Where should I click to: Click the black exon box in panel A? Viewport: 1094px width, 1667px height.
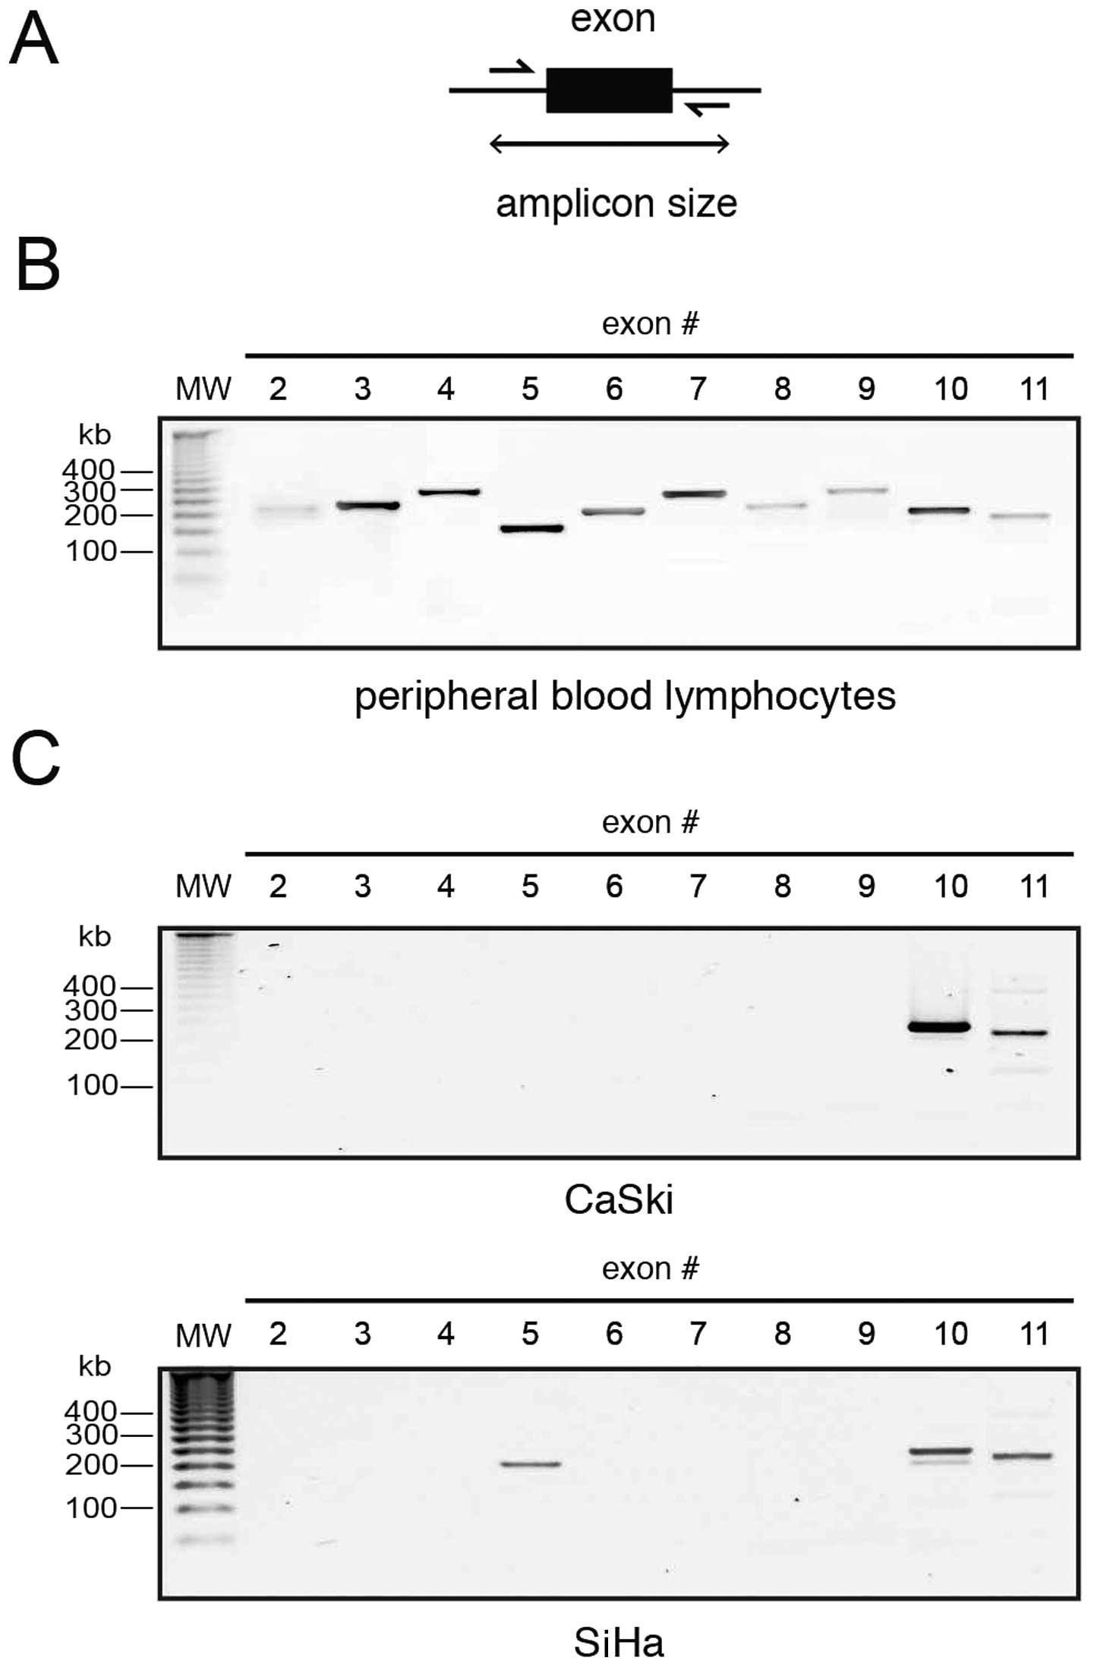click(x=609, y=90)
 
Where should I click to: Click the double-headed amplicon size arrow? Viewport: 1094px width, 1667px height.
click(x=609, y=143)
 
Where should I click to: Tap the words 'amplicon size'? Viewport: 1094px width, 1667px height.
click(x=616, y=203)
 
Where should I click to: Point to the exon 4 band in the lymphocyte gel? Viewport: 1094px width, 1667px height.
click(x=449, y=492)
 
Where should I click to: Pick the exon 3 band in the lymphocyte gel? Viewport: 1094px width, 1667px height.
click(x=368, y=505)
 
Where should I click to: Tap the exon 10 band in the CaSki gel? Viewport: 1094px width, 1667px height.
click(x=940, y=1027)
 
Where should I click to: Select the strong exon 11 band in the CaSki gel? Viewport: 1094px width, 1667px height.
click(x=1021, y=1032)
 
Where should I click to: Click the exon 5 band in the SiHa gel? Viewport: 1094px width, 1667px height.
click(x=531, y=1464)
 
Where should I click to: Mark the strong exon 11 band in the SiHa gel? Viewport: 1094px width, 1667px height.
click(x=1023, y=1456)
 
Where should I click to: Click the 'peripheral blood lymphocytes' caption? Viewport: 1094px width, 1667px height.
click(x=625, y=696)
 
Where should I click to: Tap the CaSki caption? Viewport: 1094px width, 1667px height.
click(x=619, y=1200)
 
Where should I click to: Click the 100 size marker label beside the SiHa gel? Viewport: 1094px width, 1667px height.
click(x=92, y=1508)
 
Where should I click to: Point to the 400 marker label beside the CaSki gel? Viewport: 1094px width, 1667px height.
click(x=90, y=986)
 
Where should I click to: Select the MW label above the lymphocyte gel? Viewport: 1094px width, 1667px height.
click(x=203, y=389)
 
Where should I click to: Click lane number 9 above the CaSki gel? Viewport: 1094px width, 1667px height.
click(x=866, y=886)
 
